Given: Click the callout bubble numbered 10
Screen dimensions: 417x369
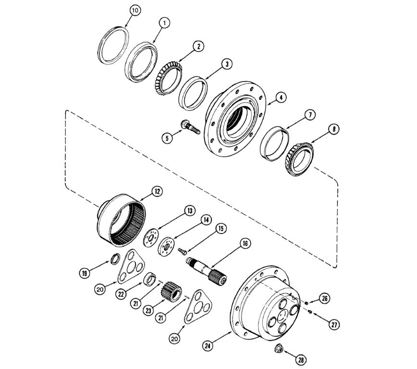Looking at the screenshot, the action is pyautogui.click(x=135, y=11).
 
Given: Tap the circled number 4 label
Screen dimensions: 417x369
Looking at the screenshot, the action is pyautogui.click(x=281, y=98).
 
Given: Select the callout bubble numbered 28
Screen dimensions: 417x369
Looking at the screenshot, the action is pyautogui.click(x=301, y=360).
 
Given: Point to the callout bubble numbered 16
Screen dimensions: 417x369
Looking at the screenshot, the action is pyautogui.click(x=245, y=244).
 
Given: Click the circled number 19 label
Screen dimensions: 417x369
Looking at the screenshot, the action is pyautogui.click(x=85, y=273).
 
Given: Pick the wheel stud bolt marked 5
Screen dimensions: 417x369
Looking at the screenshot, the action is pyautogui.click(x=190, y=127).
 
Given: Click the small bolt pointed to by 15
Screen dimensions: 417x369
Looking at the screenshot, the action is pyautogui.click(x=182, y=251).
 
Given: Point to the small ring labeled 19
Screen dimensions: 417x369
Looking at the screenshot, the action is pyautogui.click(x=115, y=259).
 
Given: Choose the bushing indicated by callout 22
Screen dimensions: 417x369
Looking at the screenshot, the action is pyautogui.click(x=150, y=279).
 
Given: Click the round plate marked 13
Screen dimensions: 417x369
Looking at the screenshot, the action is pyautogui.click(x=151, y=237).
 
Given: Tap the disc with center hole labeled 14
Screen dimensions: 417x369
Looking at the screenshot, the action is pyautogui.click(x=166, y=246).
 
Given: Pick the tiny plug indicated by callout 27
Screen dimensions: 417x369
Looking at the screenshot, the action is pyautogui.click(x=310, y=312).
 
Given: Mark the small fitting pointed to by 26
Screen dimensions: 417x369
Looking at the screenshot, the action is pyautogui.click(x=307, y=303).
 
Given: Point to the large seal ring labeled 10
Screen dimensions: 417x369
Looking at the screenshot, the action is pyautogui.click(x=113, y=45).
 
